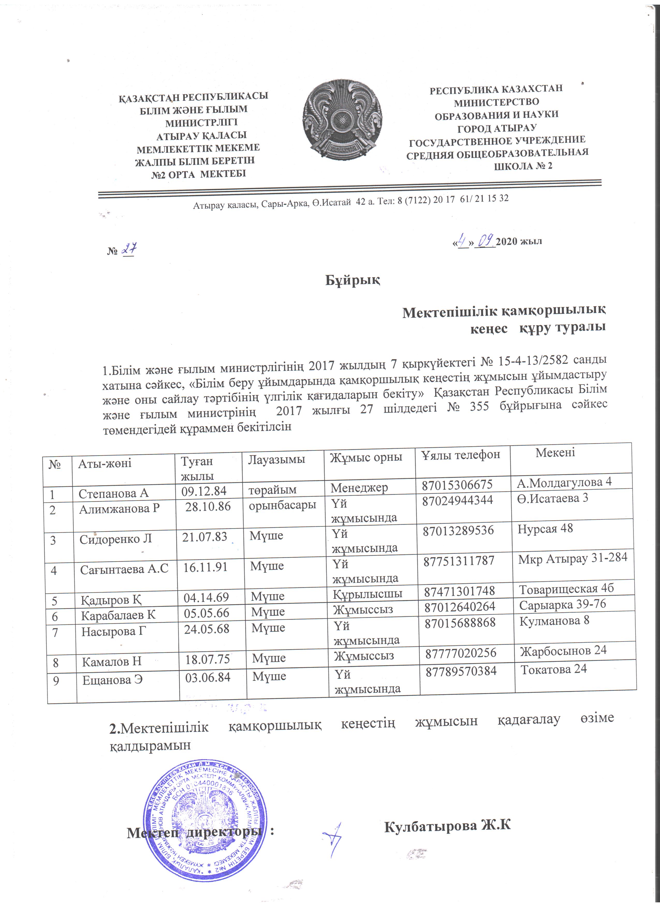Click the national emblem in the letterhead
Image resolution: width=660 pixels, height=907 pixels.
342,120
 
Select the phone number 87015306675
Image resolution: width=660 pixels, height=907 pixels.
457,485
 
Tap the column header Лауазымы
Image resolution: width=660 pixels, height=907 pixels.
277,459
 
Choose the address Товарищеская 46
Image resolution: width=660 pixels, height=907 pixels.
566,589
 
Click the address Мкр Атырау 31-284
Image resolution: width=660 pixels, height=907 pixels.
572,558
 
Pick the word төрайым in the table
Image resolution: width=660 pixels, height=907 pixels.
273,490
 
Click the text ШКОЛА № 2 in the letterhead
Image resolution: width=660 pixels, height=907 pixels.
523,166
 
